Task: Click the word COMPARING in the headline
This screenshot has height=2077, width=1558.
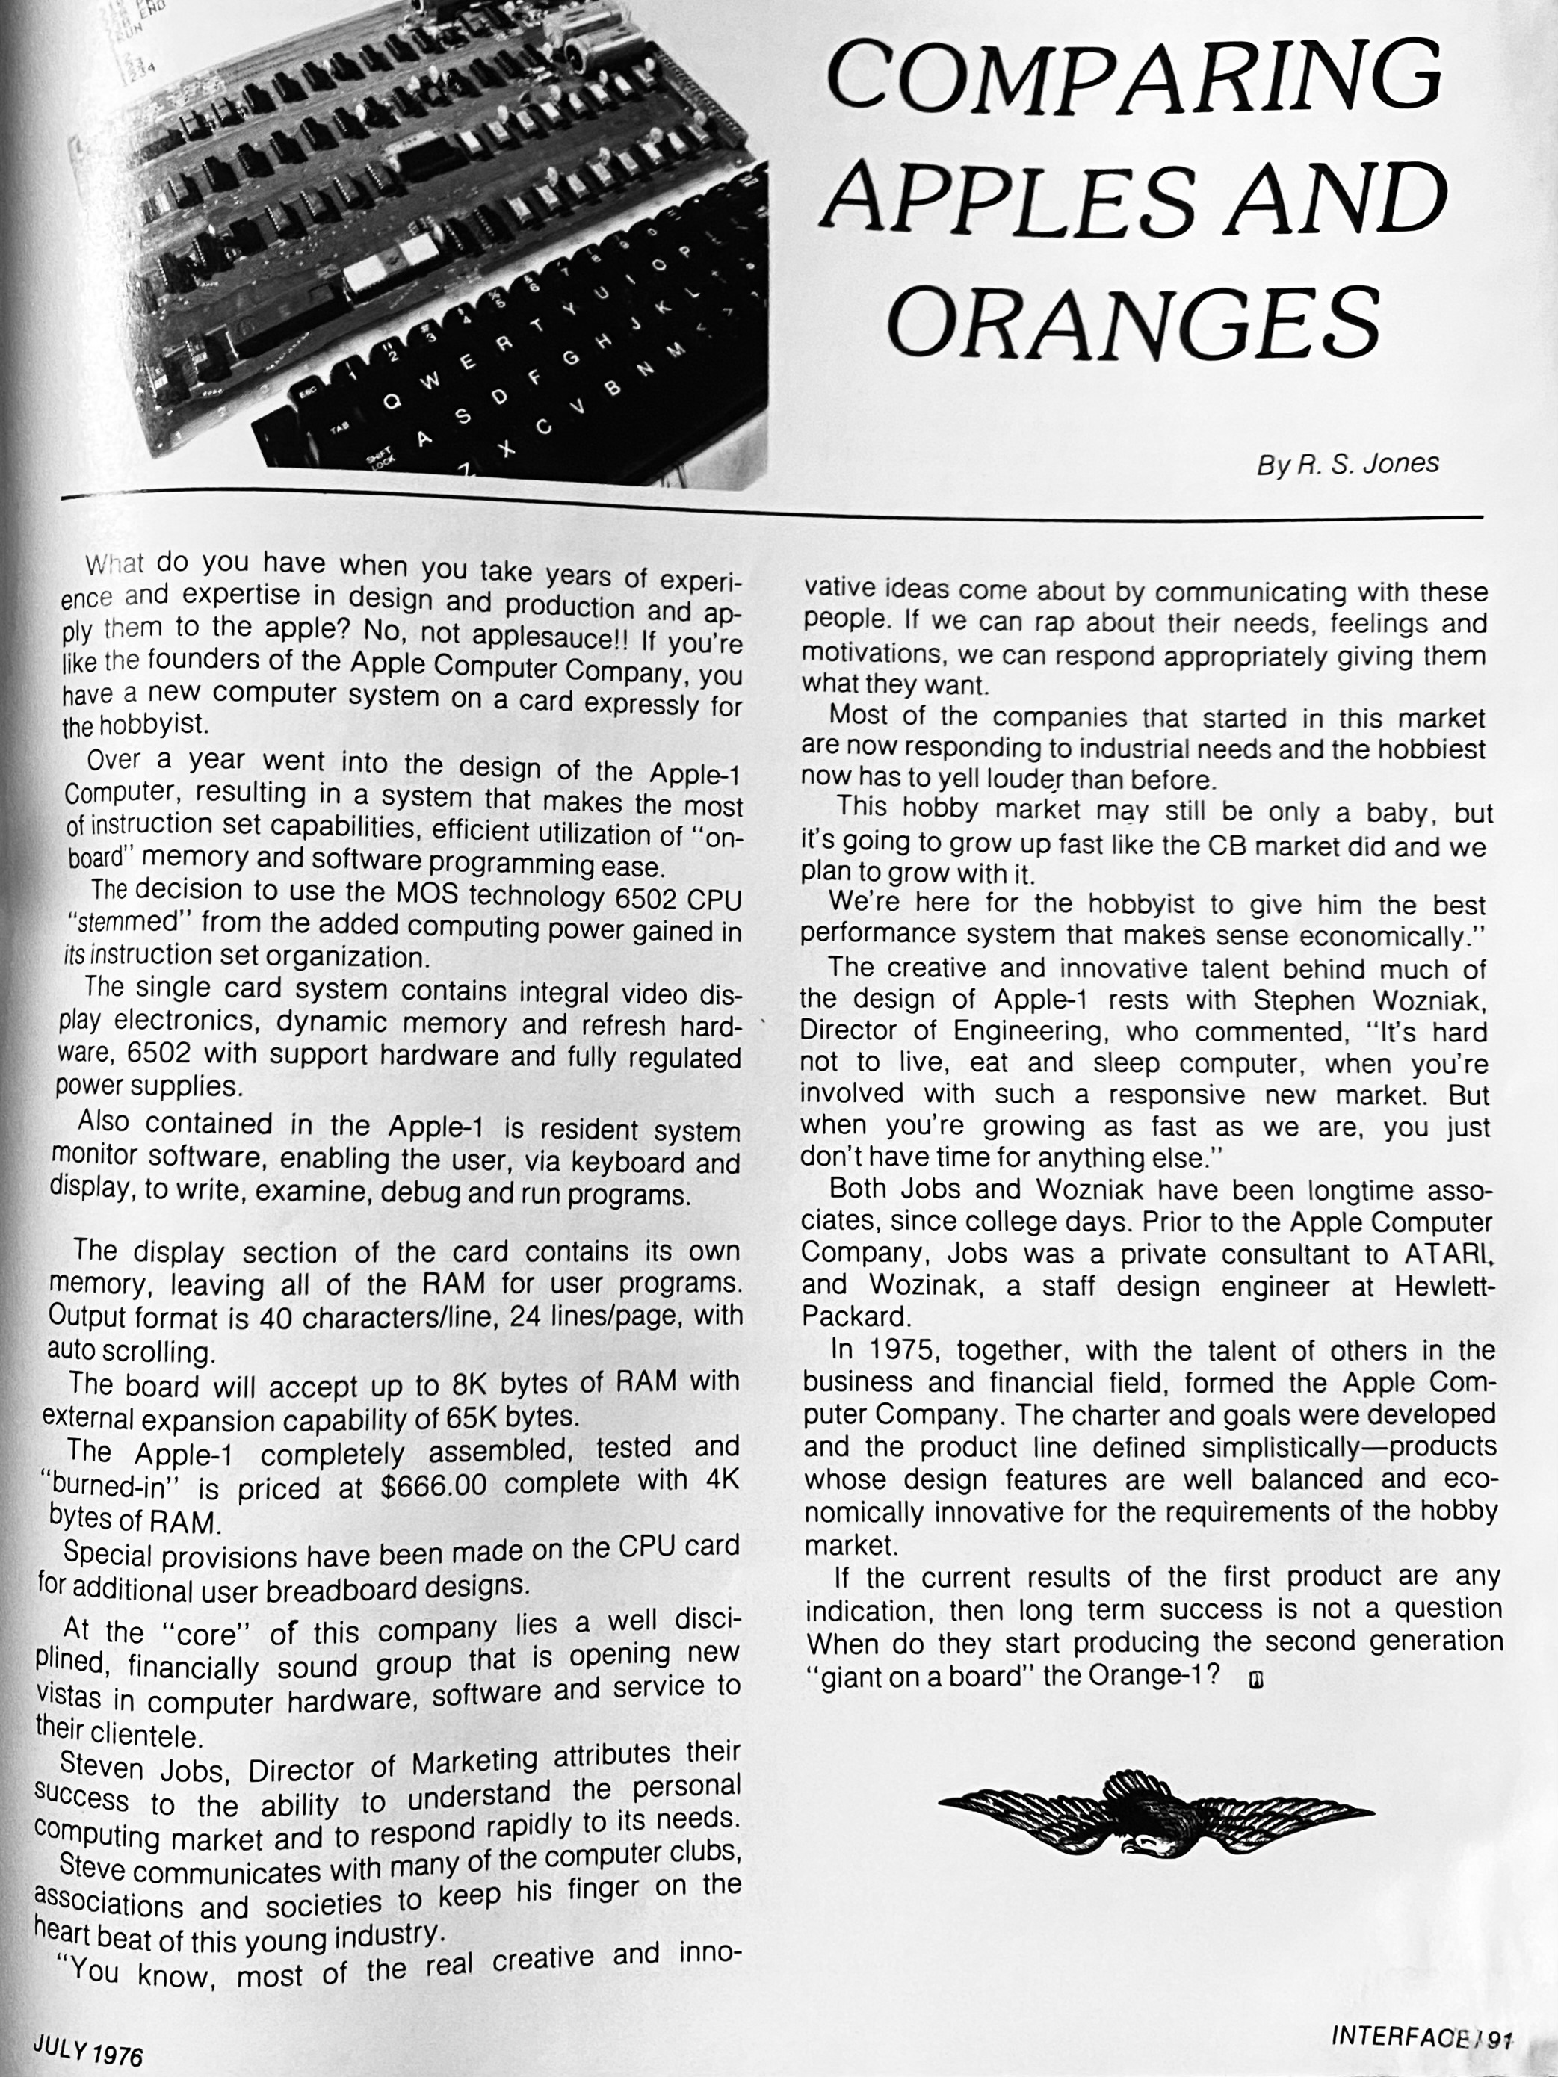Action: tap(1134, 78)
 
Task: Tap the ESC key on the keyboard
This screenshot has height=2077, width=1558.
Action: tap(310, 394)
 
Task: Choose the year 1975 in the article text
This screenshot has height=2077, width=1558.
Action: tap(889, 1349)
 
